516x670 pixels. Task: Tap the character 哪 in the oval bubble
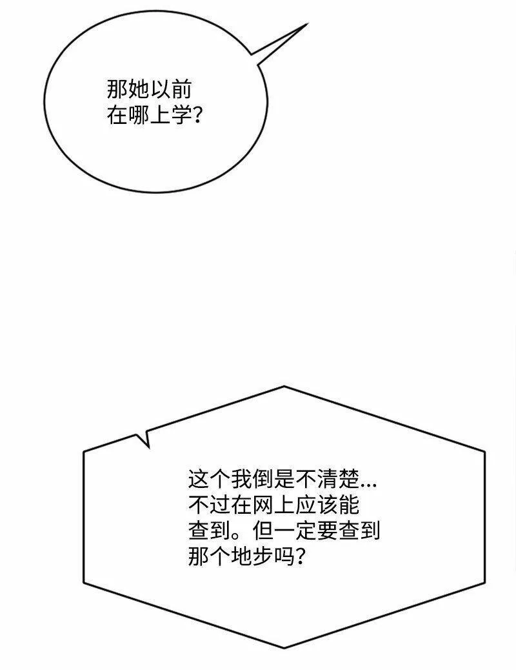pos(139,116)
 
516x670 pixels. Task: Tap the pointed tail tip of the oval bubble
pos(307,25)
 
